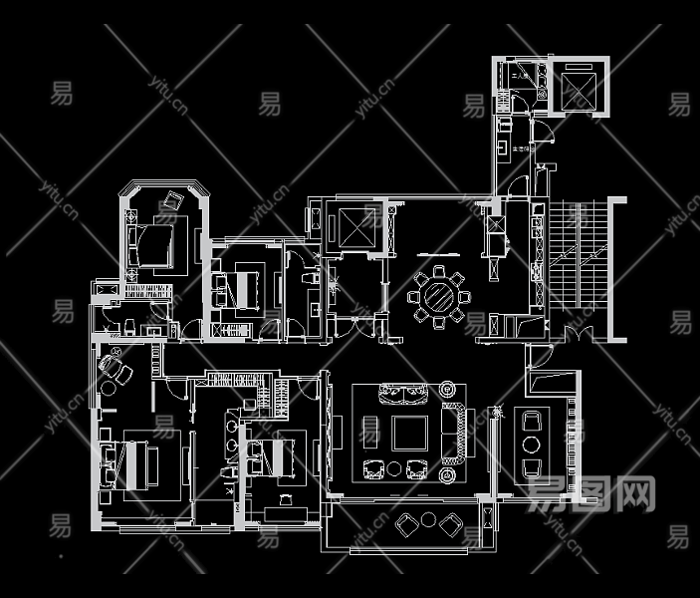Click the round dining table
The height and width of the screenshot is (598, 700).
coord(439,296)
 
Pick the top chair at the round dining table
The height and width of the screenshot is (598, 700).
coord(439,272)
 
